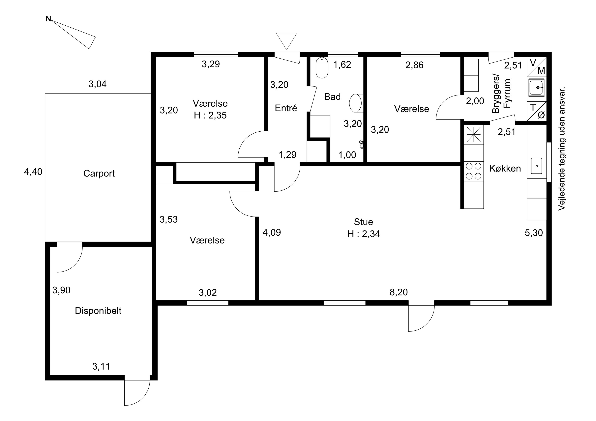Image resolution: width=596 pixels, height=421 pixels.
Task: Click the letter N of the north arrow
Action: tap(48, 19)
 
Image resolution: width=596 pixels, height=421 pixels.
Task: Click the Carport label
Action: tap(99, 173)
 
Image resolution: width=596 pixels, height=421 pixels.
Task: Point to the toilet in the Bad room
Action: tap(322, 67)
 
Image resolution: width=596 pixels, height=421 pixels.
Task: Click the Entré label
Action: tap(286, 108)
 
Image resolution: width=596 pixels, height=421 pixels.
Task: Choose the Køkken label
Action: tap(505, 168)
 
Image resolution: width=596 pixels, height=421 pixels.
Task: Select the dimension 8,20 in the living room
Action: tap(399, 292)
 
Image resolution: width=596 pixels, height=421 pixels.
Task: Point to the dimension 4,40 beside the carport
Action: tap(33, 172)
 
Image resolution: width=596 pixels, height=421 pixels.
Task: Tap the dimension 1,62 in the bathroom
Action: tap(342, 64)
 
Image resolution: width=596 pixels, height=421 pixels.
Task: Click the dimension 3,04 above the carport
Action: tap(97, 84)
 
